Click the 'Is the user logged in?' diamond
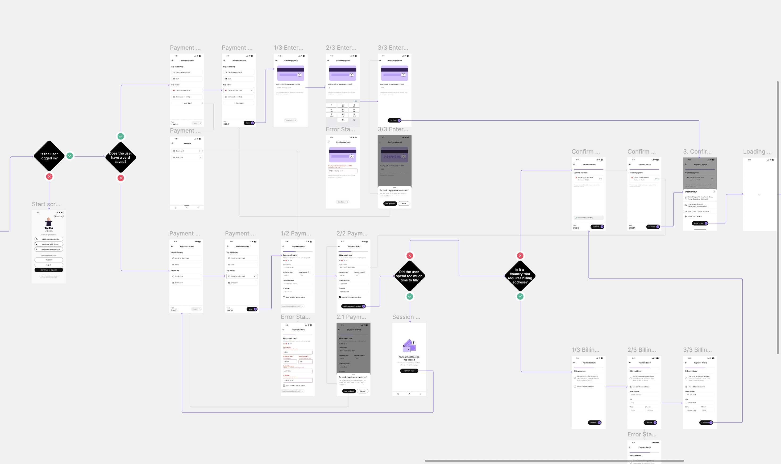coord(49,156)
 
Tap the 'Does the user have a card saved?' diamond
coord(121,158)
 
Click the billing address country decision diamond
coord(520,276)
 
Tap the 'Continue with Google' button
coord(49,239)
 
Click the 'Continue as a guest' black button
coord(49,270)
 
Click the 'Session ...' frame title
coord(406,317)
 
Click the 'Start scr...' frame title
coord(46,204)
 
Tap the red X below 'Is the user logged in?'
coord(49,177)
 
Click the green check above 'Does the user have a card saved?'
coord(121,136)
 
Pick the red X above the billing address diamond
coord(520,256)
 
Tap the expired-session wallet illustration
coord(409,346)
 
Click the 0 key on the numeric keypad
coord(343,120)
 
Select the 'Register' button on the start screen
coord(49,260)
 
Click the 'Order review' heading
coord(690,192)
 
